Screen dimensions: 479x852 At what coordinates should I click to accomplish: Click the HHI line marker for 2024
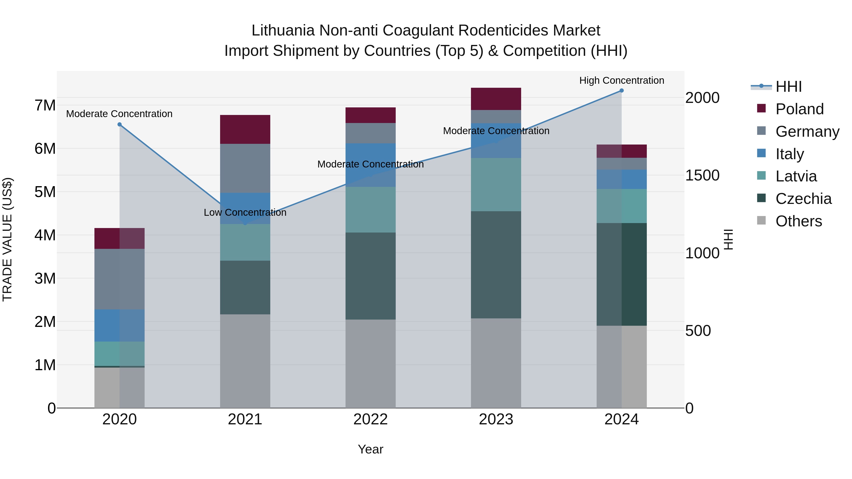[621, 91]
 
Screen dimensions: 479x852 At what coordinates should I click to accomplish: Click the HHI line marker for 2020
[120, 125]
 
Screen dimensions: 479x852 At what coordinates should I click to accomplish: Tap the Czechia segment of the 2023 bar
[496, 264]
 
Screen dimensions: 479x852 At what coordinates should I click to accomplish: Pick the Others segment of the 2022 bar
[370, 363]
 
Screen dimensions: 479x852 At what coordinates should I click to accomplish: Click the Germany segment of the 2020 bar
[120, 279]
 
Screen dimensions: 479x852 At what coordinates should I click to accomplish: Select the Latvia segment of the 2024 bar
[621, 206]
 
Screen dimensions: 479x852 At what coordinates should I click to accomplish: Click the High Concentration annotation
[621, 80]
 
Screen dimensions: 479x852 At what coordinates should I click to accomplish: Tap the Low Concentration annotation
[245, 213]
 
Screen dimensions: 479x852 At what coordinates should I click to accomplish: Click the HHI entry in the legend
[789, 87]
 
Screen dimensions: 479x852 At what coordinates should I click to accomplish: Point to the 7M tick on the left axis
[45, 105]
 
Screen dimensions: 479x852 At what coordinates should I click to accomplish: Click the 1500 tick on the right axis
[702, 176]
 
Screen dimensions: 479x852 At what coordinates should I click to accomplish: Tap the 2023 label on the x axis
[496, 419]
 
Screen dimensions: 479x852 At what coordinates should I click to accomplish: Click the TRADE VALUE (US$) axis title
[7, 239]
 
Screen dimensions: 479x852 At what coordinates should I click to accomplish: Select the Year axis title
[370, 449]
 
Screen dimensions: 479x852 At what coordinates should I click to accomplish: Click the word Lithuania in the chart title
[283, 31]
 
